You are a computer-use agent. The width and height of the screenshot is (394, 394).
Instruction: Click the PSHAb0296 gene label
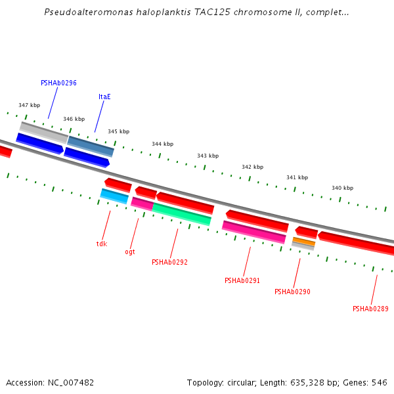click(58, 83)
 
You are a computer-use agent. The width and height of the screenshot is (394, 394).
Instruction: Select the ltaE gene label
click(104, 97)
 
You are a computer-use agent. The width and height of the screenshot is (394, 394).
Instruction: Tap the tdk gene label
click(101, 244)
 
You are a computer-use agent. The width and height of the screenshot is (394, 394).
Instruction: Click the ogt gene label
click(130, 252)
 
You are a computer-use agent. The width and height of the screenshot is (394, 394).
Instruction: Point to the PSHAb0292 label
click(169, 262)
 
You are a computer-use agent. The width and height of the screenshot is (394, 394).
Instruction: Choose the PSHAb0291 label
click(242, 280)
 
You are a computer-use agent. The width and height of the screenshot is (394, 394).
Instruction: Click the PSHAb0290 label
click(292, 292)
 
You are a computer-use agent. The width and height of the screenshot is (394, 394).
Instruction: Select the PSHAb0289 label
click(370, 309)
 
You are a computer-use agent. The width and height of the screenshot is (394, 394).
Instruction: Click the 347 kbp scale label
click(29, 105)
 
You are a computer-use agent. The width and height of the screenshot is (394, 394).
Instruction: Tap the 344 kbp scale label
click(162, 144)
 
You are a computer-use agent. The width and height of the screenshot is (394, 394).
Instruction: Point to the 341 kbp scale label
click(297, 177)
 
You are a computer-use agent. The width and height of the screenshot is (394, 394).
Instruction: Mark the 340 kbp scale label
click(342, 188)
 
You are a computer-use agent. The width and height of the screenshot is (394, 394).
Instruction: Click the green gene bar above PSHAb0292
click(182, 214)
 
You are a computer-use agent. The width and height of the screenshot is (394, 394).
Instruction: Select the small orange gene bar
click(303, 242)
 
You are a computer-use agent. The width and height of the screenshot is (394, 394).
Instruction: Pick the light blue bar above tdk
click(114, 196)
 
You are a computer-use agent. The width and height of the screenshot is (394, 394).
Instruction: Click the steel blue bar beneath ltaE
click(91, 146)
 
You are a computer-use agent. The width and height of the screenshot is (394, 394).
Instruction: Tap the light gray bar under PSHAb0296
click(43, 131)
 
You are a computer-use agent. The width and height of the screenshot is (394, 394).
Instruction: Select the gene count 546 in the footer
click(380, 382)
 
